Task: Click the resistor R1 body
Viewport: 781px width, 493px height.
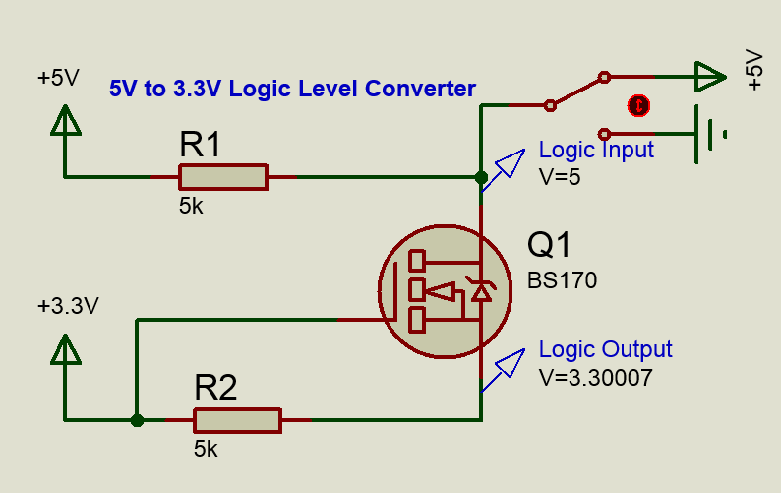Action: [222, 177]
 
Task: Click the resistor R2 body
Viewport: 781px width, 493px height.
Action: [237, 420]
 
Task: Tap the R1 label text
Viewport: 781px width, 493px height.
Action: [201, 146]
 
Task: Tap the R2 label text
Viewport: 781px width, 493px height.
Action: [215, 388]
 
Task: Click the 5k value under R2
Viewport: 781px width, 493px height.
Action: [206, 449]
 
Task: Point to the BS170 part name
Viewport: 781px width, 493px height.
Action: [562, 280]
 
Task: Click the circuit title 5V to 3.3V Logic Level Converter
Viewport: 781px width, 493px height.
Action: [292, 89]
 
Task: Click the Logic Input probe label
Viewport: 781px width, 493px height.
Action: [596, 151]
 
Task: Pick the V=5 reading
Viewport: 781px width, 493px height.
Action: [561, 177]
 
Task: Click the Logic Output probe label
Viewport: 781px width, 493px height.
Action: [605, 349]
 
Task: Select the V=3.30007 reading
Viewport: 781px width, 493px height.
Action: [595, 376]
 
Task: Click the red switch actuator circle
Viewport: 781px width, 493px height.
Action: [639, 104]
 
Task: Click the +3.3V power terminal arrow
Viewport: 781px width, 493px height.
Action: [65, 350]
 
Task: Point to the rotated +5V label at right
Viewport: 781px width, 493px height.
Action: [754, 69]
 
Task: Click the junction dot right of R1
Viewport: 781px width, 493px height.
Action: [481, 178]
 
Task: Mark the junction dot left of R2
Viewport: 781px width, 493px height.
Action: [137, 420]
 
